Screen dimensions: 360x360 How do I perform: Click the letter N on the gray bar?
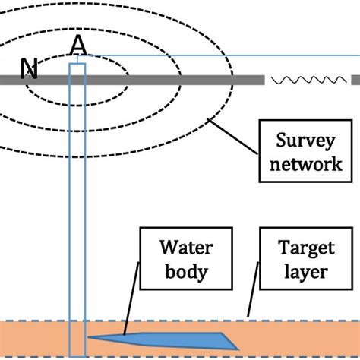click(x=30, y=69)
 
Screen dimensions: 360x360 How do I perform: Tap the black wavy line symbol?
click(x=308, y=80)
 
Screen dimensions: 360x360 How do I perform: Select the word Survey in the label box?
click(x=300, y=142)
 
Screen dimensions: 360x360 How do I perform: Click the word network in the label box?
click(x=300, y=163)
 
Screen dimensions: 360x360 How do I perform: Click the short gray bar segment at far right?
click(x=355, y=80)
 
